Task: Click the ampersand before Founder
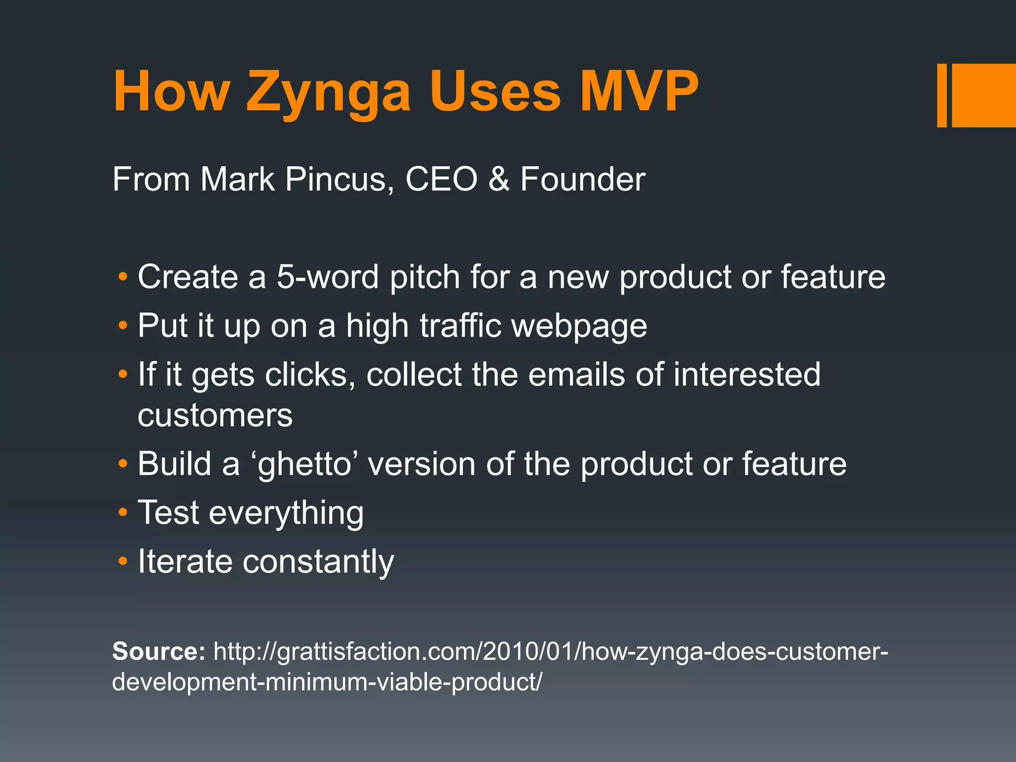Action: (499, 179)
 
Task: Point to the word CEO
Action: (441, 179)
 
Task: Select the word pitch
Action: (425, 277)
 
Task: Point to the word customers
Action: (215, 416)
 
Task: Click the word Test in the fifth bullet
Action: (168, 512)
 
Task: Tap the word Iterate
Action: (185, 562)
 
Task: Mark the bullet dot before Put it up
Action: (123, 326)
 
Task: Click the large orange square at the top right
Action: (983, 95)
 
